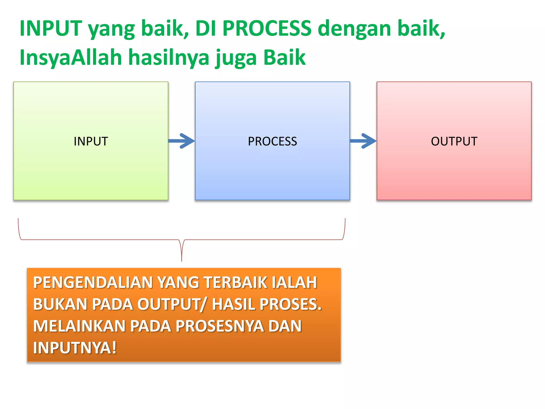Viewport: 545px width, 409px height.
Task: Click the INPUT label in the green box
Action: coord(91,141)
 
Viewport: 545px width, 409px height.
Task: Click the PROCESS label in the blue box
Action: coord(272,141)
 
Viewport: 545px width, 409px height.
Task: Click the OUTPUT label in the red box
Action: coord(454,141)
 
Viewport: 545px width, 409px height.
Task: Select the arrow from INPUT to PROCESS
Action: coord(182,141)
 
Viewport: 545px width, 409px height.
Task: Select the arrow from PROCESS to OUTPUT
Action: coord(363,141)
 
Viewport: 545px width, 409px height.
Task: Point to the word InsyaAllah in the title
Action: coord(71,58)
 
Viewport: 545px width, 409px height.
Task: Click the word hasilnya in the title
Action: coord(169,58)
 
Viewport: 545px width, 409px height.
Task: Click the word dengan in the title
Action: coord(354,29)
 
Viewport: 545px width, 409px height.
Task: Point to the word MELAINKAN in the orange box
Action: coord(79,326)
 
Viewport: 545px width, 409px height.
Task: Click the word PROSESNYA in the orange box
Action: coord(220,326)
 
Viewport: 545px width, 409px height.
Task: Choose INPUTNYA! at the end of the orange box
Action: coord(75,348)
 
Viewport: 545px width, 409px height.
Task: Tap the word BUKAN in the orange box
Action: coord(60,304)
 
